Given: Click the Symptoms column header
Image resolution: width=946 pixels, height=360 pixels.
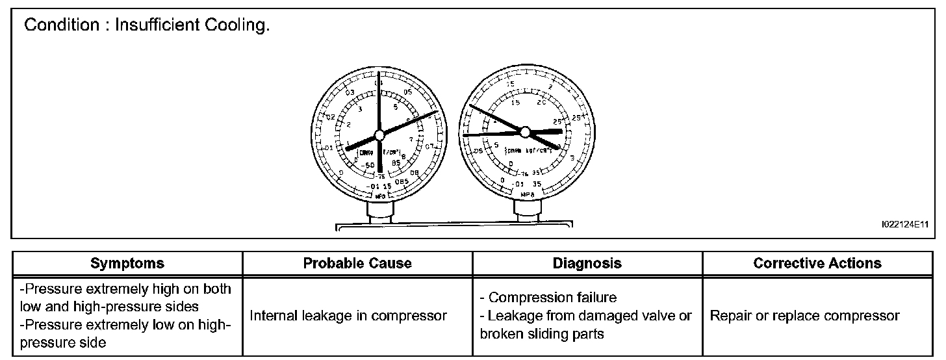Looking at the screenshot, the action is [x=127, y=263].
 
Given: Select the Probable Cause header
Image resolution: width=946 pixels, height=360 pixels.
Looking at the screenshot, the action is [x=357, y=263].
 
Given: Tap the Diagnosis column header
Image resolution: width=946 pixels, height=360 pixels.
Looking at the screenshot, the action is [x=587, y=263].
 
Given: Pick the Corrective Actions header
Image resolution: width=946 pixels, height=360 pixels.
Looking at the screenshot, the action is [x=817, y=263].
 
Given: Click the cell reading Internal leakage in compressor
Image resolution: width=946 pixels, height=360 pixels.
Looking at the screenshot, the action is [x=348, y=316].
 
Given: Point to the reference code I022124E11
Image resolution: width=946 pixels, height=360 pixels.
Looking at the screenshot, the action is [x=904, y=224].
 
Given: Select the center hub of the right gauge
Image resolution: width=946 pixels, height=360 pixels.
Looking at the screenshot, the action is [x=525, y=132].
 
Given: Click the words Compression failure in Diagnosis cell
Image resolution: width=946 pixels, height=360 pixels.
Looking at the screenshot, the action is [x=552, y=298].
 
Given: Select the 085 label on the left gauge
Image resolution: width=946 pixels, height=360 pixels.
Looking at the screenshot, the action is [x=402, y=181].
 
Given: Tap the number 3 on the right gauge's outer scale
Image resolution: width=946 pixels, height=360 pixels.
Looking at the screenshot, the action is [x=571, y=158].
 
